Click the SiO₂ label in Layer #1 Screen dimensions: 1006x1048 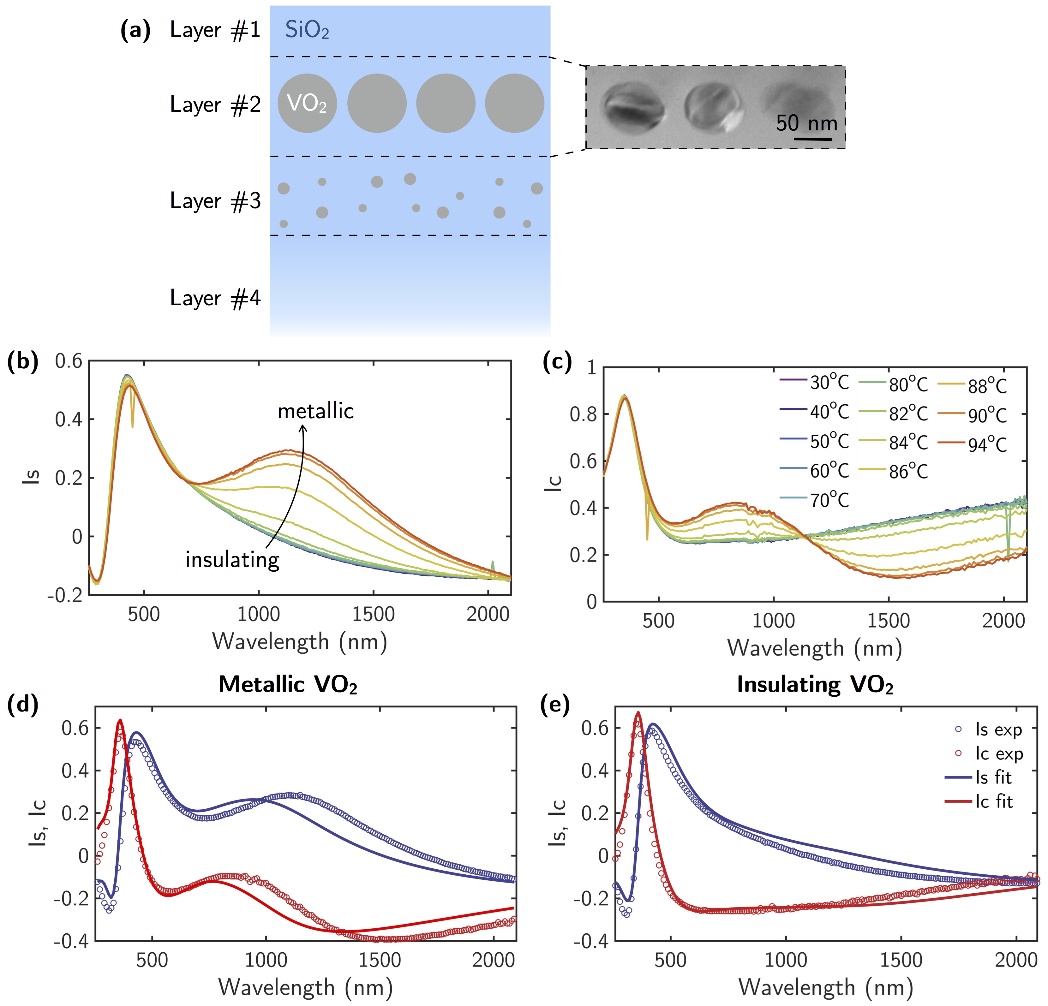pos(307,31)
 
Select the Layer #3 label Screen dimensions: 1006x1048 pos(215,201)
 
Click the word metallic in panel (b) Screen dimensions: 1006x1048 pos(315,411)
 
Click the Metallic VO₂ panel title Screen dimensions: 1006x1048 pos(288,685)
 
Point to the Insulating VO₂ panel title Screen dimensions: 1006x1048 pos(815,685)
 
